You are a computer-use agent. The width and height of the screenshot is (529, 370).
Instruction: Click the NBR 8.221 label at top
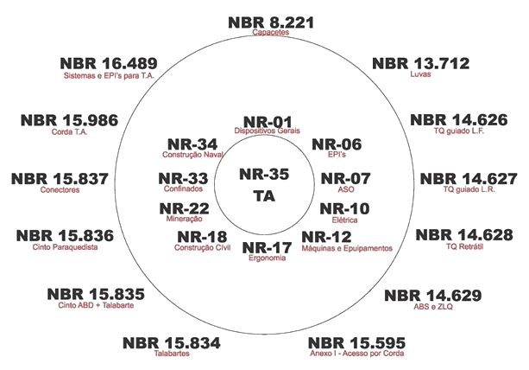(x=270, y=22)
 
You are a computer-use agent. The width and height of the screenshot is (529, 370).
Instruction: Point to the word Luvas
(x=421, y=76)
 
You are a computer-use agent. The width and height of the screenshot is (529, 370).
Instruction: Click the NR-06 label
(x=337, y=145)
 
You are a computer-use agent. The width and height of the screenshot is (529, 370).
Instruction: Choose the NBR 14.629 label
(x=432, y=297)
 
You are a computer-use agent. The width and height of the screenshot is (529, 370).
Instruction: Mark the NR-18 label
(x=202, y=238)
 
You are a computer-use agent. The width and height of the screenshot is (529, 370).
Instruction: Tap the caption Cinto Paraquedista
(x=64, y=247)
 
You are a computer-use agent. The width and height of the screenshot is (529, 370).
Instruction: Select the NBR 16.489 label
(x=108, y=63)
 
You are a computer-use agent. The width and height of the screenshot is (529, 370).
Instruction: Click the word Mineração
(x=185, y=220)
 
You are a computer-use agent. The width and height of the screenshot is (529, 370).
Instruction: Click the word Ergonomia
(x=264, y=258)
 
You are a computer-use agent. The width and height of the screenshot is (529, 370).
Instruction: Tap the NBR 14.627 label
(x=469, y=179)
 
